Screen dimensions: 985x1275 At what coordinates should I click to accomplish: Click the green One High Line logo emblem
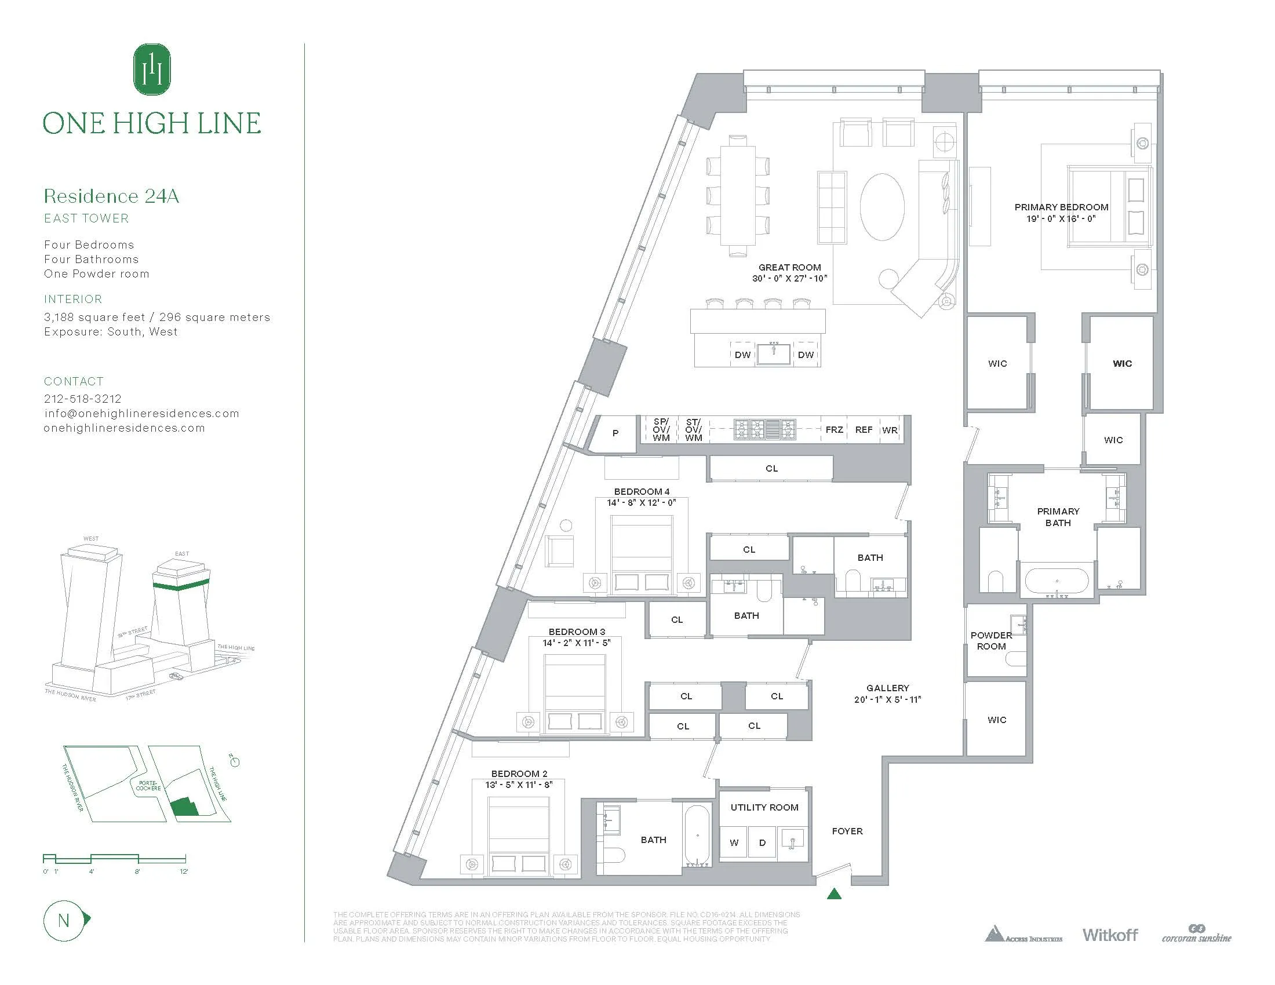coord(152,70)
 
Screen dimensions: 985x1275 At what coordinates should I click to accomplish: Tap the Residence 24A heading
coord(111,196)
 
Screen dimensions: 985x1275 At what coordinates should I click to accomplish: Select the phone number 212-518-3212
coord(83,399)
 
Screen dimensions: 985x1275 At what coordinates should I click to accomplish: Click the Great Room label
coord(789,267)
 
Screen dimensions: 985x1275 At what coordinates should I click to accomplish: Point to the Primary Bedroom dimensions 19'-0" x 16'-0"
coord(1061,219)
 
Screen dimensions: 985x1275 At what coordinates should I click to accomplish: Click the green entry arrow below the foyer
coord(834,893)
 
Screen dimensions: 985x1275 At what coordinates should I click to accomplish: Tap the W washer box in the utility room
coord(734,842)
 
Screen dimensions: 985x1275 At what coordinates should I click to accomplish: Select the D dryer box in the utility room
coord(762,842)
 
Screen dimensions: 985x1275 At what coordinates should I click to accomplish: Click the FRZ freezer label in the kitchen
coord(833,429)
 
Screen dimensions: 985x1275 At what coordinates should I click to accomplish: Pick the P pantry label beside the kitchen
coord(615,433)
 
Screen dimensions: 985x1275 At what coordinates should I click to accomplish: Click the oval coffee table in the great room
coord(882,207)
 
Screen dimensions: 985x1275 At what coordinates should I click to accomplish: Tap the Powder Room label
coord(990,641)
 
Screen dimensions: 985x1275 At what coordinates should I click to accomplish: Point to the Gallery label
coord(887,688)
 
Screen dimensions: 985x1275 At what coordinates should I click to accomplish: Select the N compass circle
coord(64,921)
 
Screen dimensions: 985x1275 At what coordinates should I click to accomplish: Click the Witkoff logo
coord(1110,935)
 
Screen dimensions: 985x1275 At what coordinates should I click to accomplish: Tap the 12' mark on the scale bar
coord(184,872)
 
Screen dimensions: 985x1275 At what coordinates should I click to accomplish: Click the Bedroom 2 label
coord(519,774)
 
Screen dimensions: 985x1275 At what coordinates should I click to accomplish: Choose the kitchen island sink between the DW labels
coord(774,353)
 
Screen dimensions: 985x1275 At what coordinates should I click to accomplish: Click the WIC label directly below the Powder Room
coord(997,720)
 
